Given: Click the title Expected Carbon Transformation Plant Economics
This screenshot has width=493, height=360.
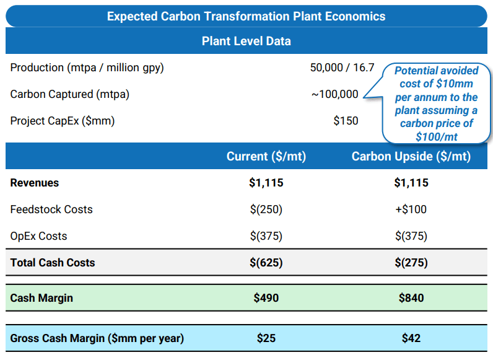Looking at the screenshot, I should click(246, 16).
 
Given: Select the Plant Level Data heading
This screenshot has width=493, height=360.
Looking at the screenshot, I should click(246, 42).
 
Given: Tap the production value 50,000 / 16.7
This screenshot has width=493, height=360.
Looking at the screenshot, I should click(342, 68).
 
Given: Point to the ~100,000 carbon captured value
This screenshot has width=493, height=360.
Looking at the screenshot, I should click(334, 94).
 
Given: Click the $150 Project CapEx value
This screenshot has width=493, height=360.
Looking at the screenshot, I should click(346, 121).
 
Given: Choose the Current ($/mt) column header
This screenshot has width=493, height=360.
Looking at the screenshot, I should click(266, 156).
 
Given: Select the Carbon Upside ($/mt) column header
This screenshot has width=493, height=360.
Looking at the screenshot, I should click(411, 156).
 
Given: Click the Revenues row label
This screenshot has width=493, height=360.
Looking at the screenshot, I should click(35, 183).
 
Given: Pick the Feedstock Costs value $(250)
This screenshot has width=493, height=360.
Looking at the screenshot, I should click(266, 209).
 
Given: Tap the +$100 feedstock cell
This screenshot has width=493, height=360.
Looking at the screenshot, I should click(411, 209).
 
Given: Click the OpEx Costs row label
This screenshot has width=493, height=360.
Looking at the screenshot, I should click(38, 236).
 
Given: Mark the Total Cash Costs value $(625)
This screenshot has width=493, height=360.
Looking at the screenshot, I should click(266, 263).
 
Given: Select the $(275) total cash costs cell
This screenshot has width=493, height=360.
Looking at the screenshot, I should click(411, 263).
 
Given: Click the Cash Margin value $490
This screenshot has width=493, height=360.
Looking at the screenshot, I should click(266, 298).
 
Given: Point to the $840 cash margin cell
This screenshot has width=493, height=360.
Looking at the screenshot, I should click(411, 298).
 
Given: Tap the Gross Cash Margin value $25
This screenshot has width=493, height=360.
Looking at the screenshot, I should click(266, 338).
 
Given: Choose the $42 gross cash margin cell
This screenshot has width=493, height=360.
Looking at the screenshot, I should click(411, 338).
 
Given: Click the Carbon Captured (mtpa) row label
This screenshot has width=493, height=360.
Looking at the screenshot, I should click(70, 94).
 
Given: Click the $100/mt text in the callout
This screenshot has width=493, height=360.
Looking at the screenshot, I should click(437, 136).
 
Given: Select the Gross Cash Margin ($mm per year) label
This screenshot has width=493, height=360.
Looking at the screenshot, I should click(97, 338).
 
